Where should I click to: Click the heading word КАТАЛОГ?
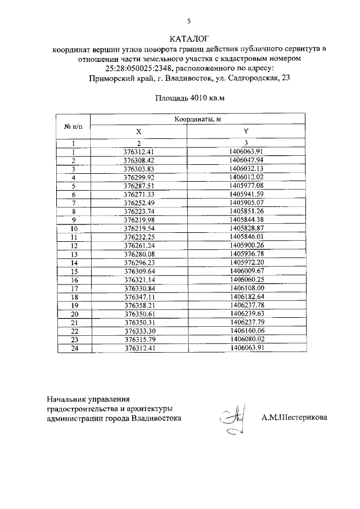[x=189, y=38]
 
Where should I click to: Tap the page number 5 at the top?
[x=189, y=21]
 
